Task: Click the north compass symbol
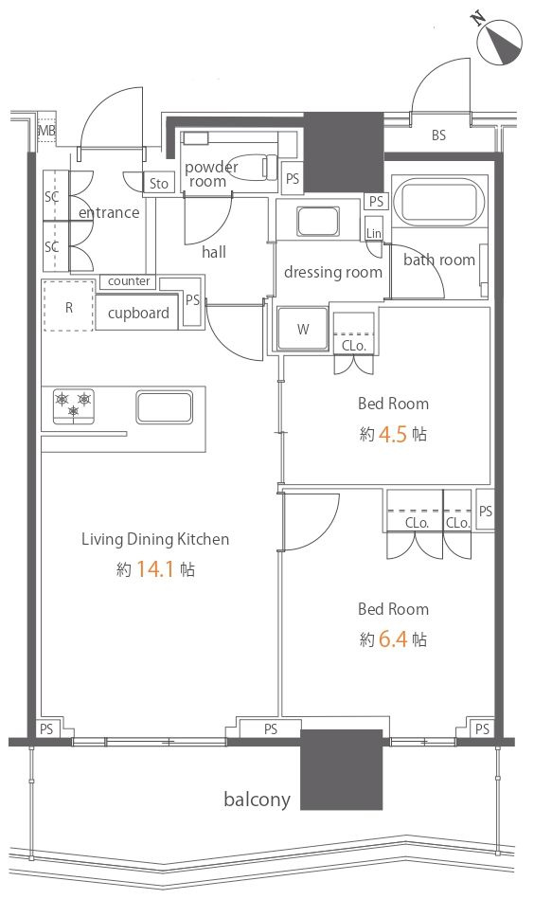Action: tap(500, 39)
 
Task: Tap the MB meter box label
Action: tap(47, 131)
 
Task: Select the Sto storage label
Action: tap(159, 184)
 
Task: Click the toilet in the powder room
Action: tap(253, 166)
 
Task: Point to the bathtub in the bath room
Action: tap(438, 203)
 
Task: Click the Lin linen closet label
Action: tap(374, 233)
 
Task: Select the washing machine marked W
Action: tap(303, 329)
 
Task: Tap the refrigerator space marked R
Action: tap(68, 306)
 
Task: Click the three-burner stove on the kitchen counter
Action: tap(73, 406)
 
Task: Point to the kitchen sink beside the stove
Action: tap(165, 407)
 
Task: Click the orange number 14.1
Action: tap(154, 569)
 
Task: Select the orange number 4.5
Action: tap(393, 434)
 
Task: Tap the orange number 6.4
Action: tap(393, 639)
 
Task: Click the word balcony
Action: tap(257, 800)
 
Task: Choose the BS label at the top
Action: tap(439, 135)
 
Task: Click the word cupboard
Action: tap(138, 313)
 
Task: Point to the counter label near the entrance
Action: tap(129, 281)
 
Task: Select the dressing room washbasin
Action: tap(318, 222)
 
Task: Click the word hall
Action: tap(214, 252)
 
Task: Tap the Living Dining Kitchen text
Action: tap(155, 539)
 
